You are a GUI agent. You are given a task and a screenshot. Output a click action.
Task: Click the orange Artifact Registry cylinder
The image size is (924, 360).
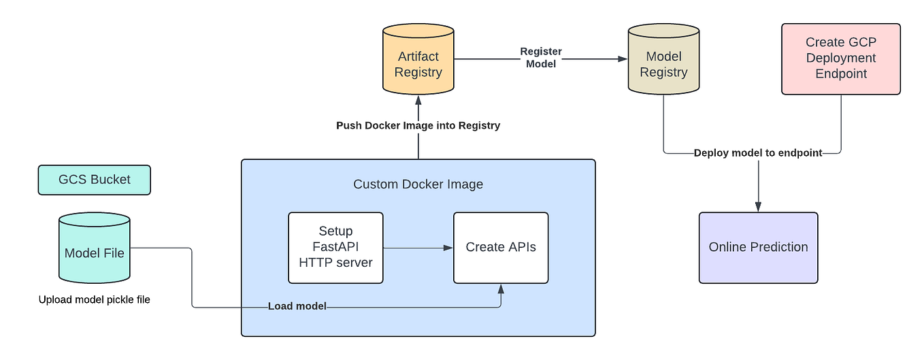[418, 65]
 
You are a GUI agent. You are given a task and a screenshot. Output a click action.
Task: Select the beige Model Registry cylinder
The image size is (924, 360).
[663, 65]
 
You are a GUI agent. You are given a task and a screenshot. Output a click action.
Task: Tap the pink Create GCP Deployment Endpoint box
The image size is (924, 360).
[840, 59]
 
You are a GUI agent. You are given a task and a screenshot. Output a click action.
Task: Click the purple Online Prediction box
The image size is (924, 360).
[758, 248]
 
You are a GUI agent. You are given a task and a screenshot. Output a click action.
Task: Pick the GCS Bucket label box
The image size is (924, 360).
[95, 180]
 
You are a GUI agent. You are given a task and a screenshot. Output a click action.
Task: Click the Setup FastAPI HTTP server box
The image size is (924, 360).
[335, 248]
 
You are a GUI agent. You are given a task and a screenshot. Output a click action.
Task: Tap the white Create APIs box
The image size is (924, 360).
[501, 248]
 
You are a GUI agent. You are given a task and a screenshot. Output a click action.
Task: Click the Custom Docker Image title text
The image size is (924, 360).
[418, 184]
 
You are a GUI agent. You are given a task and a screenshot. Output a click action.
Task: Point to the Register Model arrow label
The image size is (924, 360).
[541, 58]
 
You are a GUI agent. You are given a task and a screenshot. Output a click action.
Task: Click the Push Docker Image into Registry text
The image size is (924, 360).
[418, 125]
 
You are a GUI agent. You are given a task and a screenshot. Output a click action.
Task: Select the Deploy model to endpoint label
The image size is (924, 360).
[758, 153]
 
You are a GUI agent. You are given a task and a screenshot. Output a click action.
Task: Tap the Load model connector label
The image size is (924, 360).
[297, 306]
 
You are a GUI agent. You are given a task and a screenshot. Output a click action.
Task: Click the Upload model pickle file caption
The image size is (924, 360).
[94, 299]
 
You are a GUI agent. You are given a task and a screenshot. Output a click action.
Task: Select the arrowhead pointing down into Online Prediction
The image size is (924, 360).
[758, 207]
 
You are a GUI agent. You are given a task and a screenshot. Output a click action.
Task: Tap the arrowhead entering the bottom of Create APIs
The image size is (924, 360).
[501, 289]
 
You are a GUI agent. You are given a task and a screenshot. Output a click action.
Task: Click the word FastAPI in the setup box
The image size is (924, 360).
[335, 247]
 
